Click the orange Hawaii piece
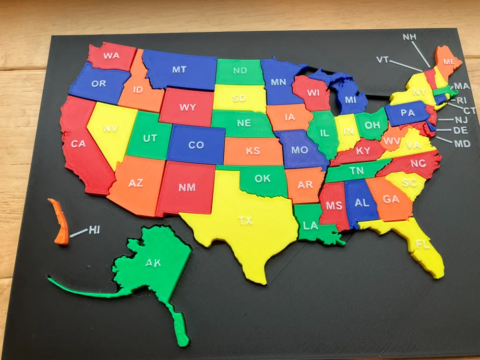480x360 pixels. coord(59,221)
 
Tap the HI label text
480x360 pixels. coord(95,230)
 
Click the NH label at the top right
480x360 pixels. coord(409,37)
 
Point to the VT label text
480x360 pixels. coord(382,60)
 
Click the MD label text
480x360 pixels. coord(462,143)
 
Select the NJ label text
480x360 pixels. coord(460,120)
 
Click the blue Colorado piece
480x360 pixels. coord(196,144)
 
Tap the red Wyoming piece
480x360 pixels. coord(187,107)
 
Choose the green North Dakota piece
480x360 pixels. coord(240,71)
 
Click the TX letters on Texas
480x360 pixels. coord(245,221)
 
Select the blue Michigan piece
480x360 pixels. coord(350,98)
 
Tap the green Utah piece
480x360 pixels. coord(150,138)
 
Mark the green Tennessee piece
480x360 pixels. coord(356,170)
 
